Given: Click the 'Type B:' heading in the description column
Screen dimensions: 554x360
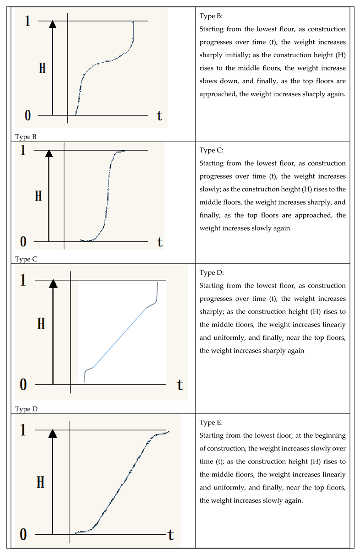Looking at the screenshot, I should (x=211, y=16).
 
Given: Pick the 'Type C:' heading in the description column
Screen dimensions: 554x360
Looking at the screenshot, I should (x=211, y=150).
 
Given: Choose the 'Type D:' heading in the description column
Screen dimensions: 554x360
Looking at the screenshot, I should (x=212, y=272).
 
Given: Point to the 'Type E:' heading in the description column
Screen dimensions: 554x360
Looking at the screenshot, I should (x=211, y=423).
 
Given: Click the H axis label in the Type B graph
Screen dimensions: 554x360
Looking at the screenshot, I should (x=42, y=68).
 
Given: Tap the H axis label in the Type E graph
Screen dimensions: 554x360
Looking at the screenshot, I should (x=41, y=482).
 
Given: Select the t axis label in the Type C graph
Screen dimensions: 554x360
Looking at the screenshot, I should (x=159, y=241).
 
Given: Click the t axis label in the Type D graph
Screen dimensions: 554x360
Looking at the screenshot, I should (x=180, y=385).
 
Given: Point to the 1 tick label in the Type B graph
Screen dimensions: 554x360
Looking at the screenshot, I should (x=27, y=21).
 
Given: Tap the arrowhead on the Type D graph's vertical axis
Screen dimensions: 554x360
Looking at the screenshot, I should (x=53, y=284).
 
